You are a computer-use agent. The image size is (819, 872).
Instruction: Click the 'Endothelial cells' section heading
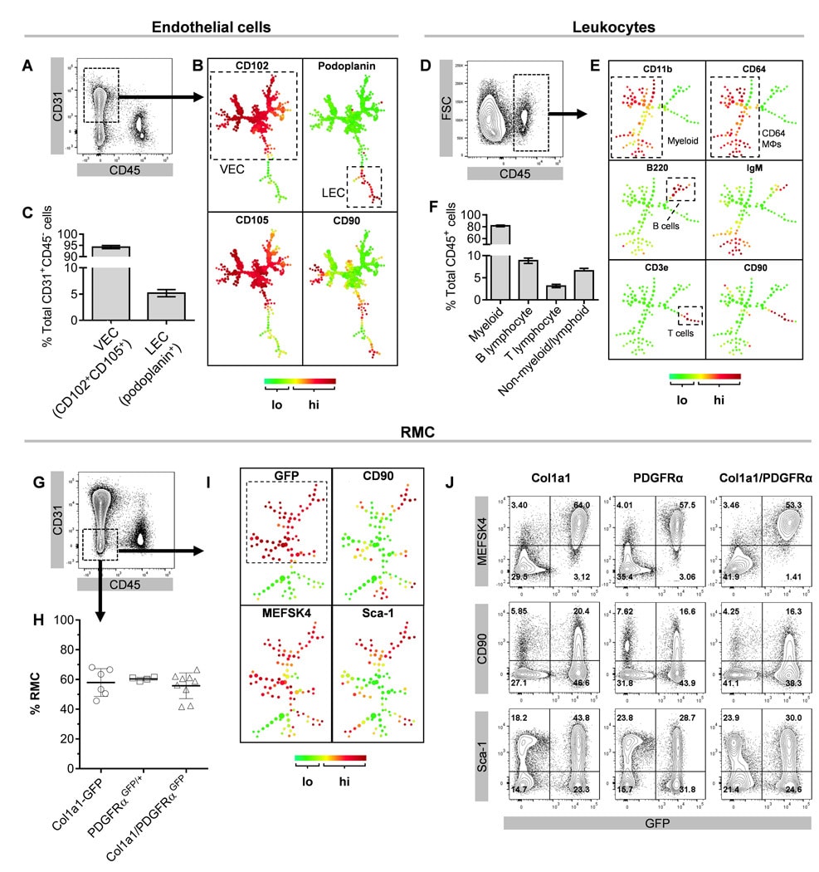point(211,27)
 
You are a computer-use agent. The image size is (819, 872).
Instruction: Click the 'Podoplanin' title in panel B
point(349,67)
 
